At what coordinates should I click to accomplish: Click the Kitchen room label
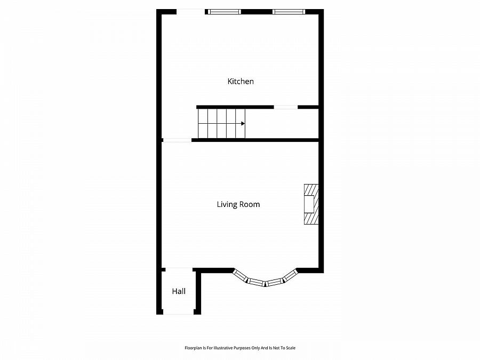241,82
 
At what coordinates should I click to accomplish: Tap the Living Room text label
238,204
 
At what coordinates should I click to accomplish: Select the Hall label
179,291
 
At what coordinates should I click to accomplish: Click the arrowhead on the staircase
243,124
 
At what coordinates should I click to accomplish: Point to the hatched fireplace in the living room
310,204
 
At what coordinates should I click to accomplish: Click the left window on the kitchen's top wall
224,12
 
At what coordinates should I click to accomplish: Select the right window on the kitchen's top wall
288,12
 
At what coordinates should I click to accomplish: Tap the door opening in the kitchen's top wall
190,12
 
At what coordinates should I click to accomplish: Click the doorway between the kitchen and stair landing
286,107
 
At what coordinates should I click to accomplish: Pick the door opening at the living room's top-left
177,140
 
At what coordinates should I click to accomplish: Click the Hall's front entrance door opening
178,313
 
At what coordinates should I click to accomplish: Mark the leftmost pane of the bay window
241,275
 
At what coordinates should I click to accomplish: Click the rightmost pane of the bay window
290,275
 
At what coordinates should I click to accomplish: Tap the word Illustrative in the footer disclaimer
220,348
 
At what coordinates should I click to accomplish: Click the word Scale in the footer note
291,348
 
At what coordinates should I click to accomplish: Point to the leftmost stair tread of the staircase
202,124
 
